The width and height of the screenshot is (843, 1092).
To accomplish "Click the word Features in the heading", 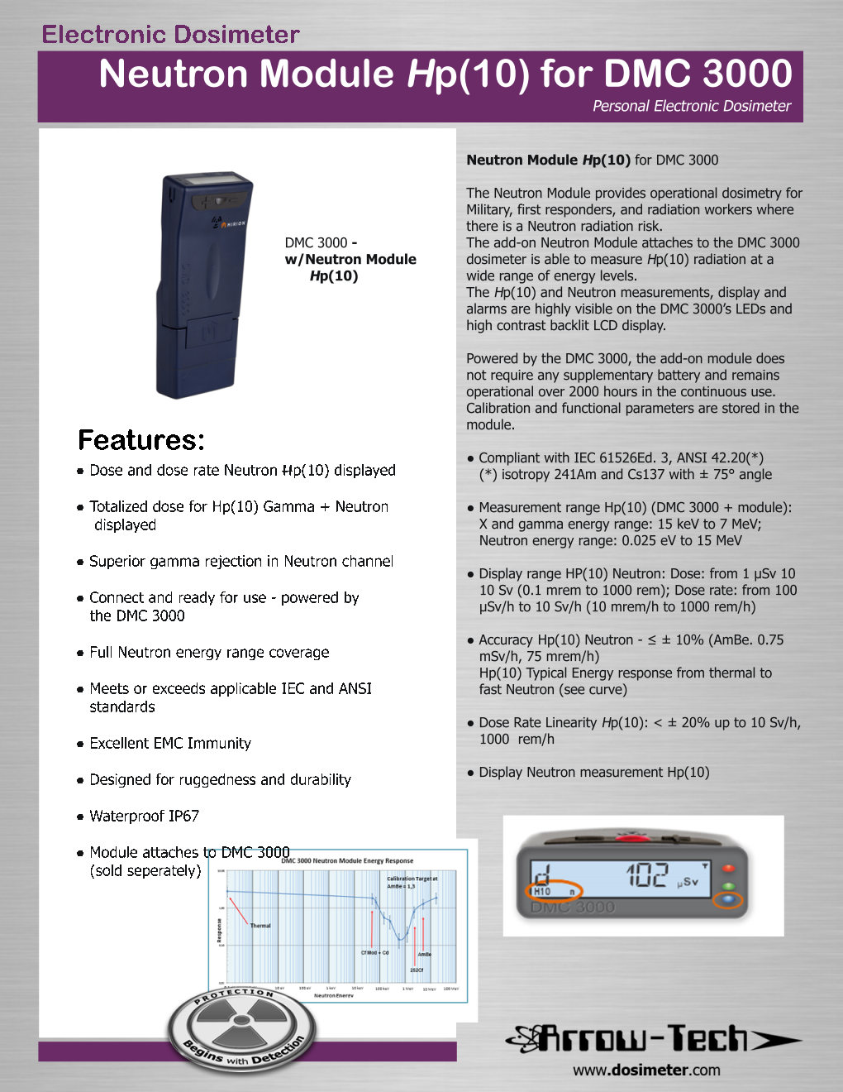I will tap(140, 440).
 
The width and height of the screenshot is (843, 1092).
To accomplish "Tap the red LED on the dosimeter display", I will tap(728, 869).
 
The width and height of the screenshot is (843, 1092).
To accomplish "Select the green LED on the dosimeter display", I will tap(728, 886).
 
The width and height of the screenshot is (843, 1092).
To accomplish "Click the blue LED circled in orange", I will tap(728, 901).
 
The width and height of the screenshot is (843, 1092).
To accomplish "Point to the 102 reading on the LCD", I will tap(645, 875).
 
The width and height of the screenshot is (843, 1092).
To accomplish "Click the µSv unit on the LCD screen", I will tap(688, 883).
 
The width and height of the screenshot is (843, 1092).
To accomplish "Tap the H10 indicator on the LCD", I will tap(542, 892).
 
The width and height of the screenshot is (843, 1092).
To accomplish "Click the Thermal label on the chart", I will tap(260, 926).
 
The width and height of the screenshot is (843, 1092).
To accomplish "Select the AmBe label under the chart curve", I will tap(425, 954).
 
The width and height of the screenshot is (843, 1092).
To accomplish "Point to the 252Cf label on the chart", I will tap(417, 970).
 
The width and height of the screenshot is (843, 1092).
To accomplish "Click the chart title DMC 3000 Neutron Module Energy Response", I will tap(347, 860).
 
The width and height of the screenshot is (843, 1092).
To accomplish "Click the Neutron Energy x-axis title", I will tap(334, 995).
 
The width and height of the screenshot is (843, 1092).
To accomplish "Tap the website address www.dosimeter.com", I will tap(646, 1070).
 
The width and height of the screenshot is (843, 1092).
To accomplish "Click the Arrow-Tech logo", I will tap(653, 1038).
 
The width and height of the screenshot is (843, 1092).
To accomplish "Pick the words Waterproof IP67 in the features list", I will tap(145, 816).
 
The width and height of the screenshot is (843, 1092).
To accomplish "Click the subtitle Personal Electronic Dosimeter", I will tap(691, 106).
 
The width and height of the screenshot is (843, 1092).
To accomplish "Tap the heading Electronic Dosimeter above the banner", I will tap(170, 35).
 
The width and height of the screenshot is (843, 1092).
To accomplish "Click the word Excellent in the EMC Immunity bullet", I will tap(122, 743).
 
